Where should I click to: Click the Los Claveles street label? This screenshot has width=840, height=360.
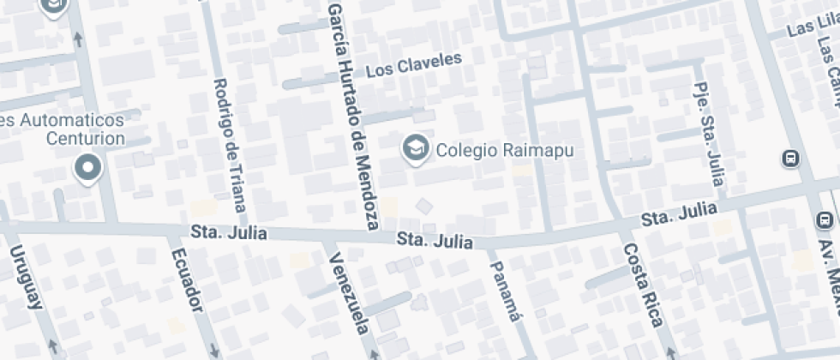click(x=414, y=65)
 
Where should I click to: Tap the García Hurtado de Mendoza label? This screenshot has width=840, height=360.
click(x=352, y=116)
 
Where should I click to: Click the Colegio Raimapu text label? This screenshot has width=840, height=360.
click(x=504, y=150)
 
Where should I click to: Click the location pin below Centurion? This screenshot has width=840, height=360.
click(x=87, y=167)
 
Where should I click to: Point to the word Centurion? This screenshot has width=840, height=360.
click(x=86, y=138)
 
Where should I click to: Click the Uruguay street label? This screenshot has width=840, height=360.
click(x=26, y=277)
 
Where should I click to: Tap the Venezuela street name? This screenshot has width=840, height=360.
click(x=349, y=294)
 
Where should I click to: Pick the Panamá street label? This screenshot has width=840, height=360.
click(x=506, y=291)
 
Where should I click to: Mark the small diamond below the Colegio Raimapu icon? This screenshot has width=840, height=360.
click(x=423, y=205)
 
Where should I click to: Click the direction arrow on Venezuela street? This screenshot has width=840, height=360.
click(x=374, y=352)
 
